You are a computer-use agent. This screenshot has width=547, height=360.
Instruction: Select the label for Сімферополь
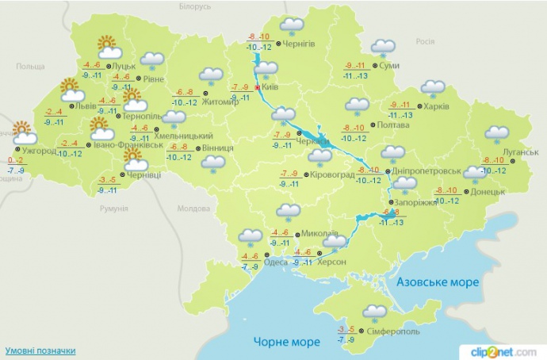point(393,331)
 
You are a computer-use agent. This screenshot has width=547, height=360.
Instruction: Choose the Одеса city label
point(275,262)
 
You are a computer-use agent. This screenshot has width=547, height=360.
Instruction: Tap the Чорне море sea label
point(287,342)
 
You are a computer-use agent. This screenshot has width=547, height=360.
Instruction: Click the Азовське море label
point(438,282)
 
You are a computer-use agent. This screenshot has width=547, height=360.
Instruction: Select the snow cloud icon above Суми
point(384,48)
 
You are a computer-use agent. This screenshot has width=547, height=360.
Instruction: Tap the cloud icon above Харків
point(433,88)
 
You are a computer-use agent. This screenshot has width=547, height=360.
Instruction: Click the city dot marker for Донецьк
point(465,192)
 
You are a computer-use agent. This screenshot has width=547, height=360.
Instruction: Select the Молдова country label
point(191,209)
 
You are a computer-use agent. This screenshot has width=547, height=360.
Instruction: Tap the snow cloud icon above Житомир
point(210,76)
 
